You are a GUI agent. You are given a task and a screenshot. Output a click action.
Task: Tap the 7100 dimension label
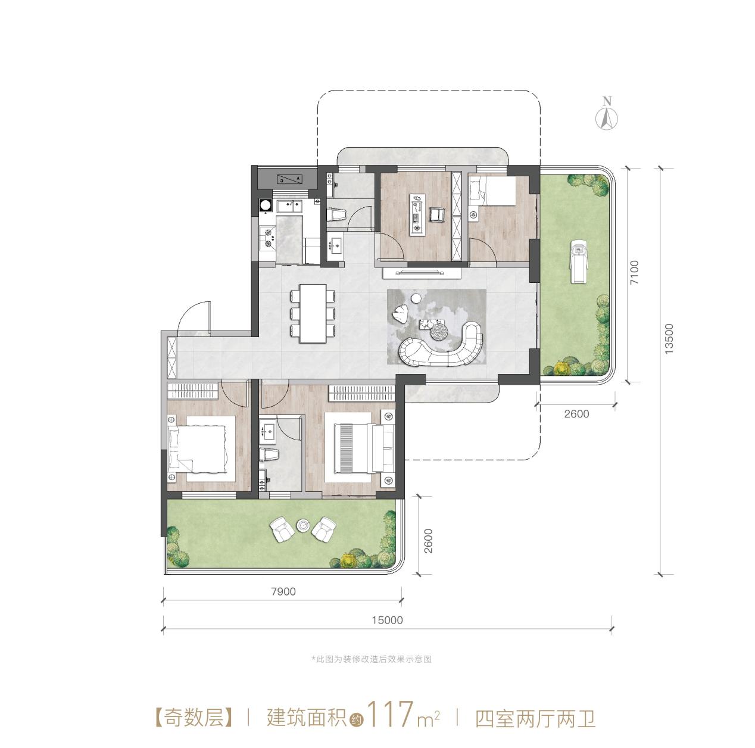coord(634,273)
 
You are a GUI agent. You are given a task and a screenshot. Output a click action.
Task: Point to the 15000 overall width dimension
coord(387,620)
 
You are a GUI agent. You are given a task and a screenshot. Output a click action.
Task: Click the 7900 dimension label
coord(283,591)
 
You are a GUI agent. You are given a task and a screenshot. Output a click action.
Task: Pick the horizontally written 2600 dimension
coord(575,414)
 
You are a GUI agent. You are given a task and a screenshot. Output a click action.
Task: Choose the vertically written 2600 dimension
coord(428,541)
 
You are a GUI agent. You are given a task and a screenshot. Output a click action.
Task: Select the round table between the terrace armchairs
coord(303,525)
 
